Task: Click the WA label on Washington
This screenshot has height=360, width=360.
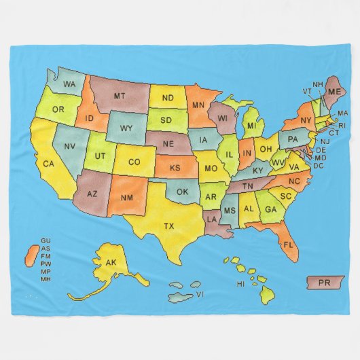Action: pyautogui.click(x=69, y=84)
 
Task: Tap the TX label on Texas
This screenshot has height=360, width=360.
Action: pyautogui.click(x=168, y=225)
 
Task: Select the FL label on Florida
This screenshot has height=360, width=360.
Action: pyautogui.click(x=287, y=243)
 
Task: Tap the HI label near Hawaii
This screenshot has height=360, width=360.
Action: pyautogui.click(x=240, y=283)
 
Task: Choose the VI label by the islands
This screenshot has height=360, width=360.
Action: pyautogui.click(x=200, y=295)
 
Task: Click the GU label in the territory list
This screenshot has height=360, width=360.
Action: pyautogui.click(x=46, y=240)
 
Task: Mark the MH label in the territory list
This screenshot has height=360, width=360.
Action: pyautogui.click(x=46, y=279)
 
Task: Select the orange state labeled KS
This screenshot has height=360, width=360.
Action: pyautogui.click(x=175, y=167)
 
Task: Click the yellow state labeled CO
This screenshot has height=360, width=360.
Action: pyautogui.click(x=134, y=162)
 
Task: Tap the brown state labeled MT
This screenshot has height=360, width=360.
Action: pyautogui.click(x=120, y=96)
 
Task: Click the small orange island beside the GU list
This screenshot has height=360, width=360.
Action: pyautogui.click(x=31, y=257)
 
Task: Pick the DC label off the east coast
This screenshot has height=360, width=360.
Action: pyautogui.click(x=319, y=165)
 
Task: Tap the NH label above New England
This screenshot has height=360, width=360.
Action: pyautogui.click(x=317, y=85)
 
